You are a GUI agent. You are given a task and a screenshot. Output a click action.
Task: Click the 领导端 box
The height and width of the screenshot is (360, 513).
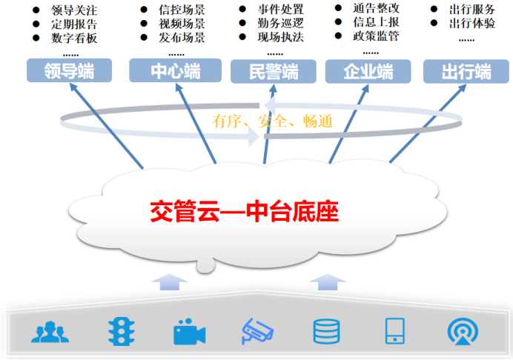[x=68, y=71]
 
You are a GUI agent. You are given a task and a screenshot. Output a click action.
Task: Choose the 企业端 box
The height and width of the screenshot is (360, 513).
[x=368, y=72]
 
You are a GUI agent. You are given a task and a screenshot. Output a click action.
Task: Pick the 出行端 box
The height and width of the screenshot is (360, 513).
[x=466, y=72]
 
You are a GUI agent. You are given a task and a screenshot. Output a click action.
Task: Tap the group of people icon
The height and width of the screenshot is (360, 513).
[x=49, y=331]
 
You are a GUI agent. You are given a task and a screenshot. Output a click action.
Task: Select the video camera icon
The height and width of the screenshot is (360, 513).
[x=188, y=331]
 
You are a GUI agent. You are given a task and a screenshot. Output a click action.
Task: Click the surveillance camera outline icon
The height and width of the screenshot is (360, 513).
[x=257, y=331]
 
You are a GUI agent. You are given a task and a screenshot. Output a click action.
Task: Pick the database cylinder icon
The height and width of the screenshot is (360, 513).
[x=326, y=331]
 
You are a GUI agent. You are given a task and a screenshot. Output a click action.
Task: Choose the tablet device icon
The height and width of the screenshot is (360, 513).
[x=394, y=331]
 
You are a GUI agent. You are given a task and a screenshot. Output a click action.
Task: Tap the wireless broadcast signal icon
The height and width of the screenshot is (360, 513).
[x=463, y=331]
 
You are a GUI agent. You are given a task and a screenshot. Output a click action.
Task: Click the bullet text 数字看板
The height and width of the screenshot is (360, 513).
[x=75, y=38]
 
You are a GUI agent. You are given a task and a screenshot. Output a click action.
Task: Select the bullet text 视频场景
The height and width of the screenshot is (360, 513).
[x=182, y=24]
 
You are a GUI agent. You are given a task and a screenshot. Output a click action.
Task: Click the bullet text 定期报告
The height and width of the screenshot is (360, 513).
[x=75, y=24]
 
